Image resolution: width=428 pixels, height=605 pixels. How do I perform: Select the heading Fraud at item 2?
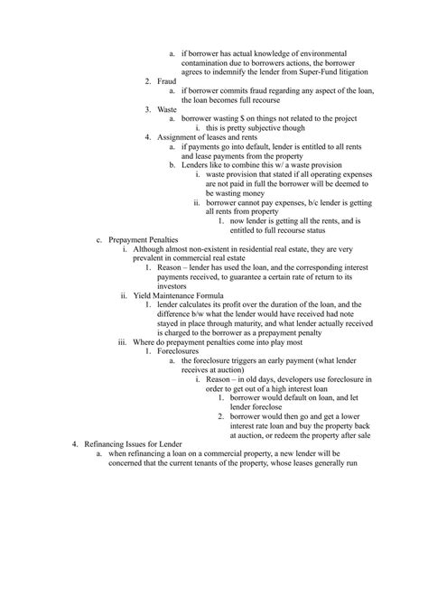pos(167,81)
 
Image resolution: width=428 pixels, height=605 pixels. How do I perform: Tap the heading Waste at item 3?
pos(168,108)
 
